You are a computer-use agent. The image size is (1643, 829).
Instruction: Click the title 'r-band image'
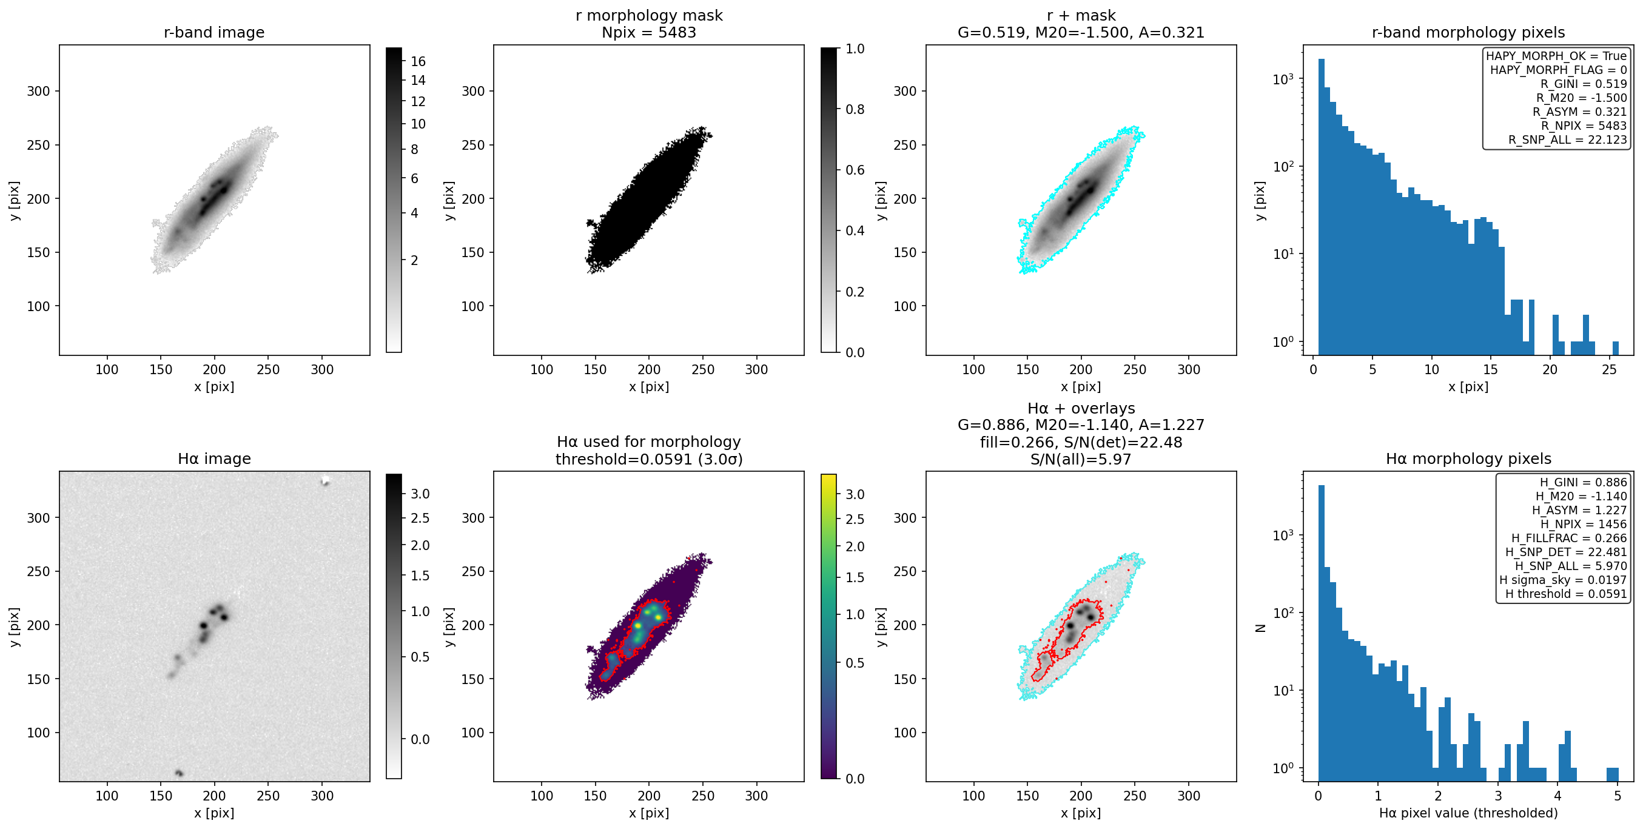tap(213, 33)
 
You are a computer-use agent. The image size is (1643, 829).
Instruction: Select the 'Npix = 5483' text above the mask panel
tap(649, 33)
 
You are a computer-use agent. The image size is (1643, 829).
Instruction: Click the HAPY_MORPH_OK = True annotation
tap(1556, 56)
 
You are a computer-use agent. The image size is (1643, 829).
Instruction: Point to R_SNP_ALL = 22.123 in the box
tap(1567, 139)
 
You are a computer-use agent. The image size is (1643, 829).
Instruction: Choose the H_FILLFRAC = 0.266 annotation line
tap(1569, 538)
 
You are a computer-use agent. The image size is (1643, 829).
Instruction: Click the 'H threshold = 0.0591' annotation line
tap(1566, 594)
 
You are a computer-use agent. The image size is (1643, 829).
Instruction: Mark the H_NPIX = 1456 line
tap(1583, 524)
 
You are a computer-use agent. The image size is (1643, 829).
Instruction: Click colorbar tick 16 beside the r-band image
tap(418, 62)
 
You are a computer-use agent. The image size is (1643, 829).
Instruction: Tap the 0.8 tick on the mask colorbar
tap(855, 110)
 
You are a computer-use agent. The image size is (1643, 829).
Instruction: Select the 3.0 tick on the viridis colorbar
tap(855, 494)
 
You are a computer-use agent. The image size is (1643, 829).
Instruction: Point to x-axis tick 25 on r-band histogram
tap(1608, 369)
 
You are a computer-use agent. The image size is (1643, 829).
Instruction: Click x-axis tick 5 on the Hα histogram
tap(1617, 796)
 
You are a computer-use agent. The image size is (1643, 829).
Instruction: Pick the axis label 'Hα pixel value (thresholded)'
tap(1468, 813)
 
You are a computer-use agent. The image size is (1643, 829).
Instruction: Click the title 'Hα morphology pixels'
tap(1468, 459)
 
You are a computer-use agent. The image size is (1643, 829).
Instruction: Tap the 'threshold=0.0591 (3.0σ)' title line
tap(649, 459)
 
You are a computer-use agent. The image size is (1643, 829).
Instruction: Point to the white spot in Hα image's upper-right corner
tap(325, 481)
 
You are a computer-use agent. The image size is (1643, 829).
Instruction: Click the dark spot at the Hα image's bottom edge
tap(180, 773)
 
